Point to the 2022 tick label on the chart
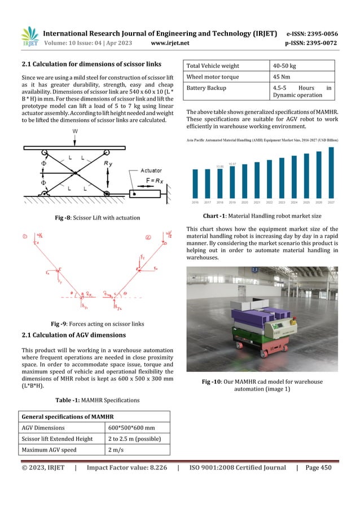click(x=269, y=201)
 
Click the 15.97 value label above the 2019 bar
click(x=232, y=164)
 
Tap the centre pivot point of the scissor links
click(x=74, y=170)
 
